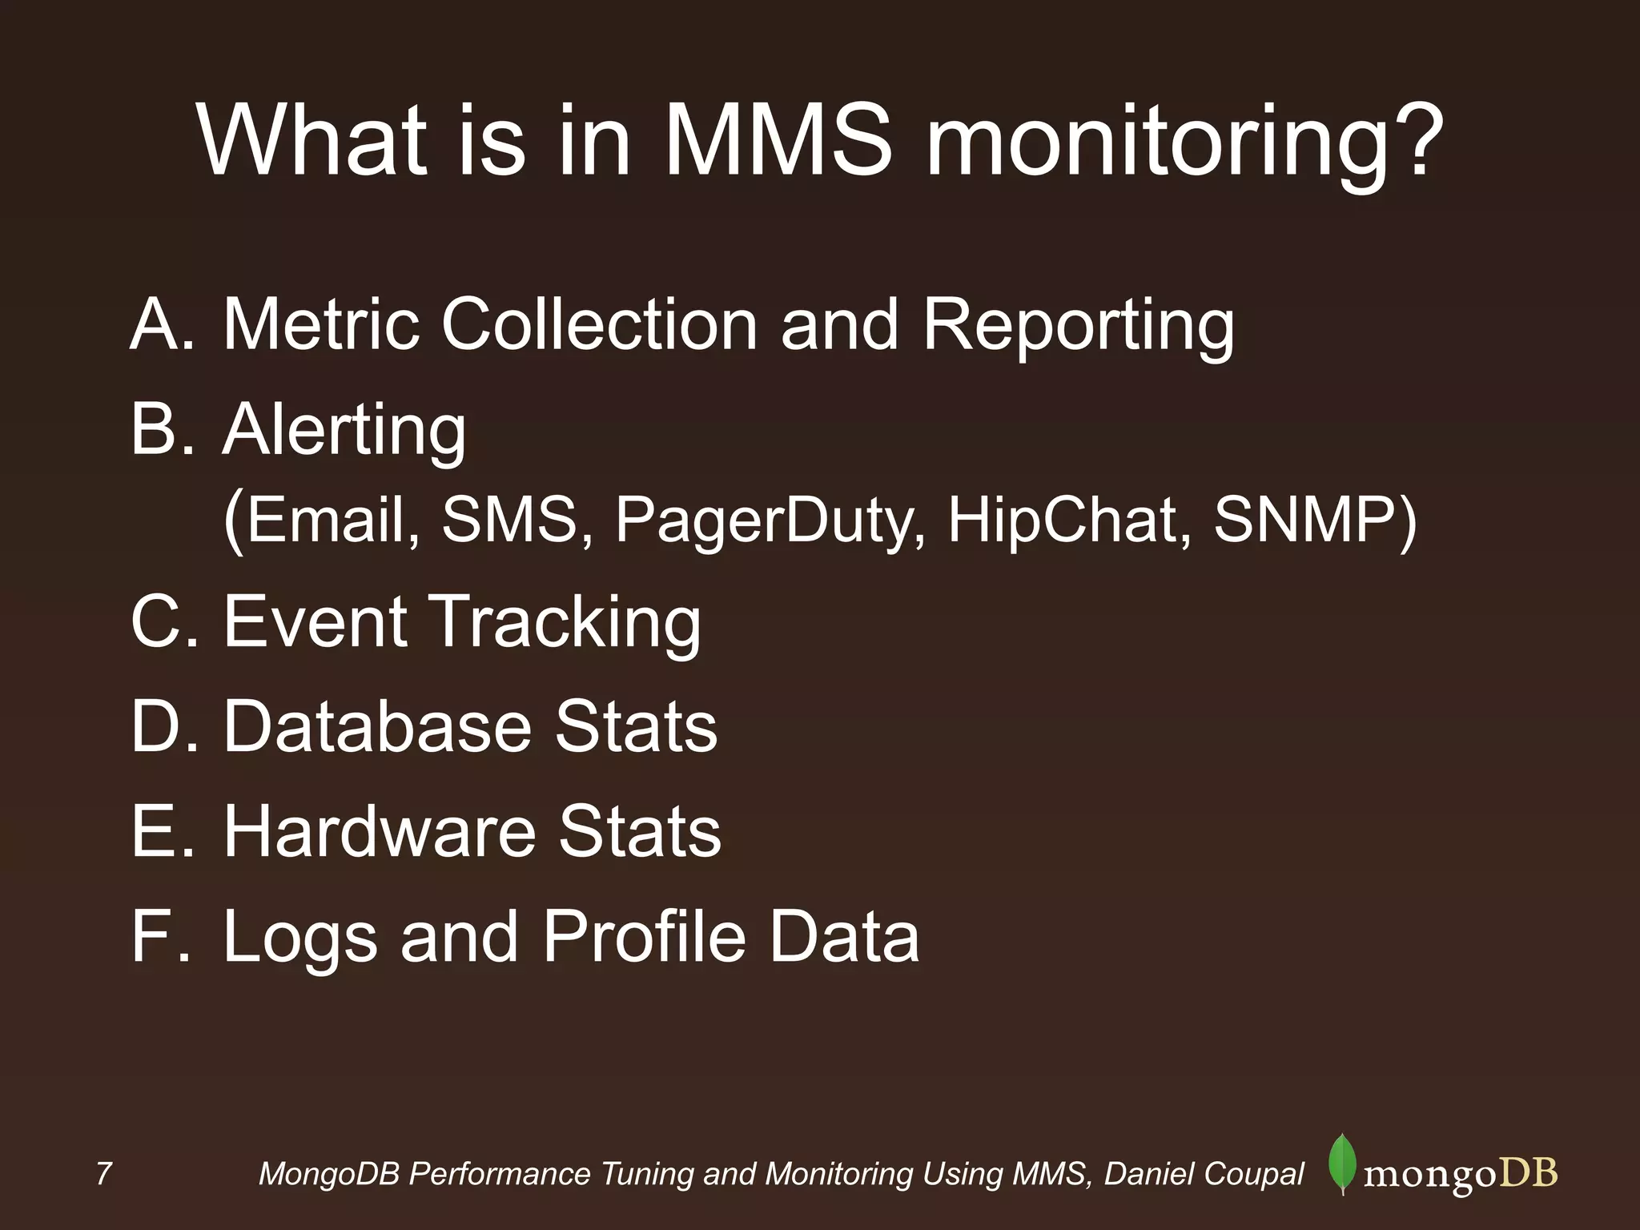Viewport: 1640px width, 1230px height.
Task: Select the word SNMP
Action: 1304,521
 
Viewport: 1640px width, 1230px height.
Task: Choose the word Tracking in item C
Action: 566,623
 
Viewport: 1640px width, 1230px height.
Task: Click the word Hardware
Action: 379,831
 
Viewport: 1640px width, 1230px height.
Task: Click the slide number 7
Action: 103,1174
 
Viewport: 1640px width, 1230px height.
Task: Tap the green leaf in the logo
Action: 1342,1165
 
